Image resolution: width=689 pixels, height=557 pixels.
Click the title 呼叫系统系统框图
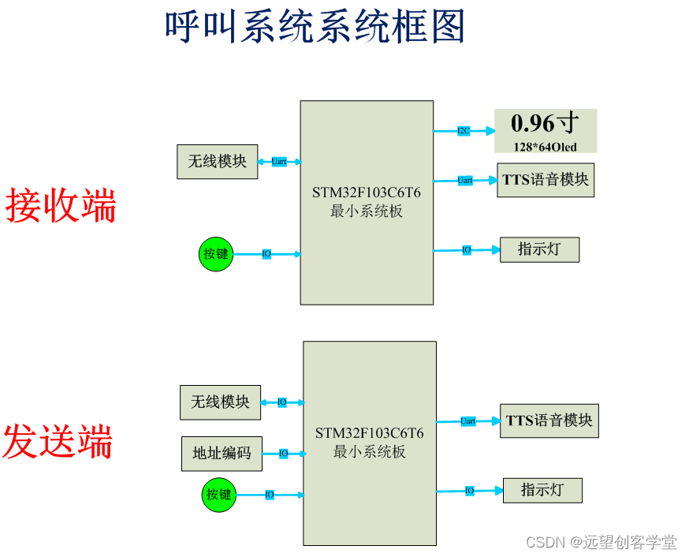coord(315,27)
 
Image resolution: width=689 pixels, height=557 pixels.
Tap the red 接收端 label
coord(61,206)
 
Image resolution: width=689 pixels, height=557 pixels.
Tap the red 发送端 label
coord(58,441)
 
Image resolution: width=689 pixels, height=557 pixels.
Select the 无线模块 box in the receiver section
coord(217,162)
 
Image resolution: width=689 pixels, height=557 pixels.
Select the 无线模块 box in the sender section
coord(220,402)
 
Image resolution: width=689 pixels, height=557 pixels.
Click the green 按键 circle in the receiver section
coord(215,254)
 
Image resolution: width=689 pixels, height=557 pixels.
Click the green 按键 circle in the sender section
coord(218,495)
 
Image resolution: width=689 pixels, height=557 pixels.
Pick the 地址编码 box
coord(222,454)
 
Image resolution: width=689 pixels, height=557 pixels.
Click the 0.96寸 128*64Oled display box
coord(545,131)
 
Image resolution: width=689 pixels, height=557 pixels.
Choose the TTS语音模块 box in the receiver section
coord(546,180)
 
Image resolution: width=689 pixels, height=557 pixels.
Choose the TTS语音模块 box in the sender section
coord(549,421)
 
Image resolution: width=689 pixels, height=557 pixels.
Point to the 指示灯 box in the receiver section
coord(539,249)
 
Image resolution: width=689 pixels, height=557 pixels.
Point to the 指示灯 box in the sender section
coord(542,490)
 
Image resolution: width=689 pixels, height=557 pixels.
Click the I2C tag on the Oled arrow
coord(464,130)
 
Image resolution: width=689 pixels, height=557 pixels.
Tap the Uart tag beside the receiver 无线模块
coord(278,162)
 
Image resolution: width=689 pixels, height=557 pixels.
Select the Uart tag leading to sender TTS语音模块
coord(467,421)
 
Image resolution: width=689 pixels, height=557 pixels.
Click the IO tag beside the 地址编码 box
coord(283,454)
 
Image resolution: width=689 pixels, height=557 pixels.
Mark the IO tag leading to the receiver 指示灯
coord(467,249)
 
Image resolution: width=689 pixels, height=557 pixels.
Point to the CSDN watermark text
coord(601,542)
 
